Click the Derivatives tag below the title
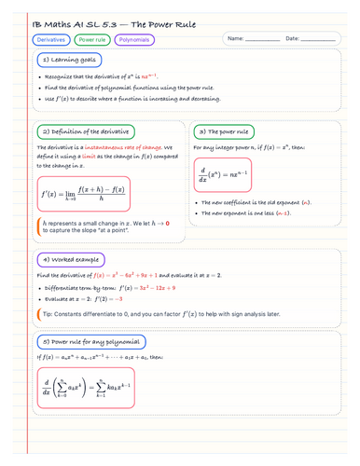tap(52, 40)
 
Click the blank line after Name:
tap(260, 40)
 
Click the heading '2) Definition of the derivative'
tap(83, 131)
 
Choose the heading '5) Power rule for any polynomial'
tap(87, 341)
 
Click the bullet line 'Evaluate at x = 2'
tap(93, 298)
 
